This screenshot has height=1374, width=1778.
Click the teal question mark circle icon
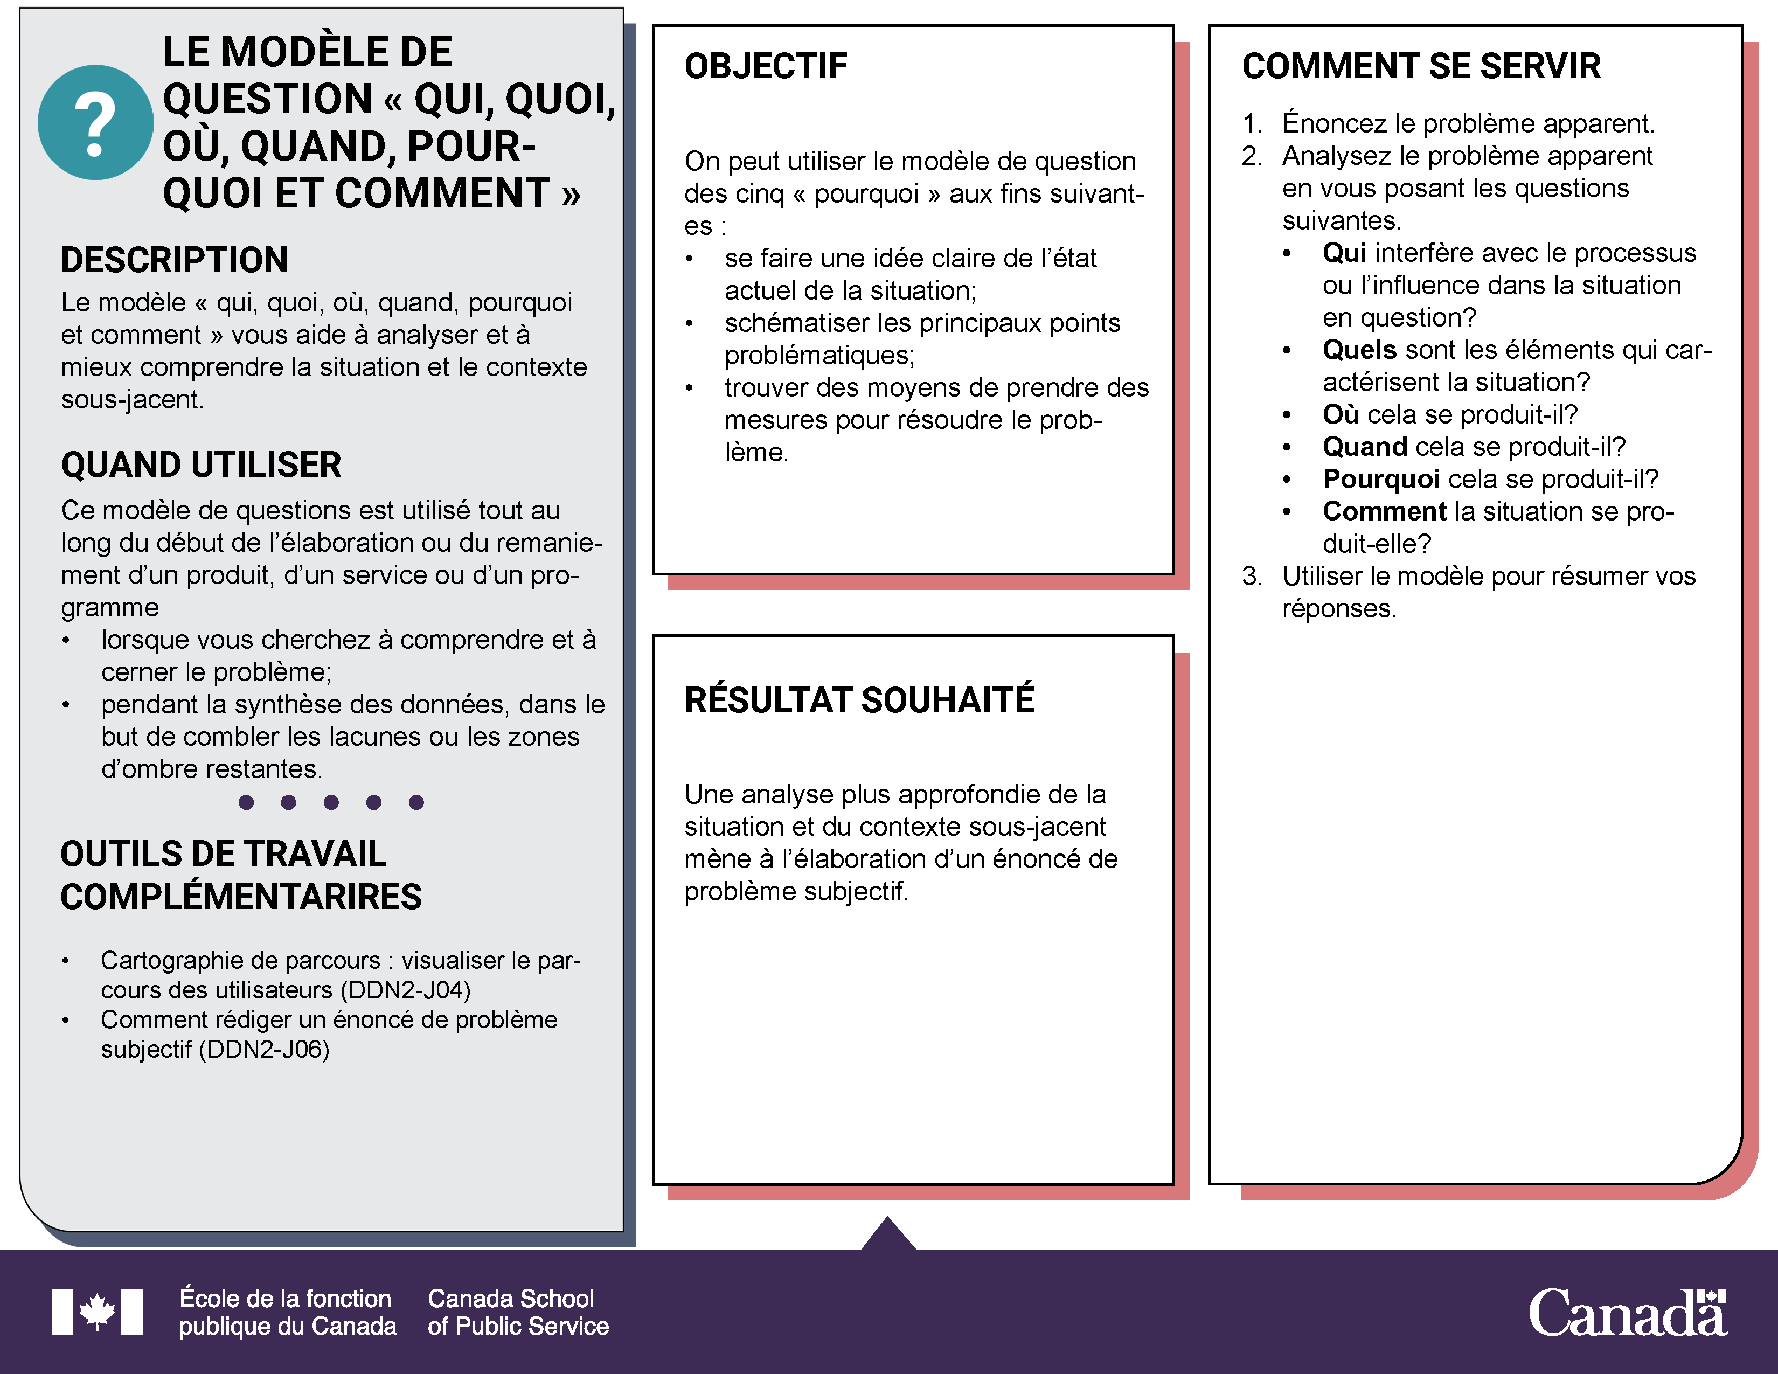pyautogui.click(x=95, y=122)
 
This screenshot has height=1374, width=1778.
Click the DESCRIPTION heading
pyautogui.click(x=174, y=260)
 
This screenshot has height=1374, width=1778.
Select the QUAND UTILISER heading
pyautogui.click(x=201, y=465)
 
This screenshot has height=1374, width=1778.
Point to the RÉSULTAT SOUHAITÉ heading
pyautogui.click(x=859, y=700)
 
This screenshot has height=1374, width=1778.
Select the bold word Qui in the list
pyautogui.click(x=1344, y=253)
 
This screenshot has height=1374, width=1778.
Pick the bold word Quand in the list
pyautogui.click(x=1364, y=447)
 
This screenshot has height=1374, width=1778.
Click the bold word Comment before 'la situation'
pyautogui.click(x=1384, y=511)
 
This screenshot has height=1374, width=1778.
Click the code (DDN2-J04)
pyautogui.click(x=405, y=990)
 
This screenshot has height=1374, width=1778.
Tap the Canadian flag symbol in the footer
pyautogui.click(x=97, y=1311)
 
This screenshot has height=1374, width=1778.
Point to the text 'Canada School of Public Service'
pyautogui.click(x=518, y=1311)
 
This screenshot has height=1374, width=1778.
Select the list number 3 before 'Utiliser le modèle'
pyautogui.click(x=1251, y=577)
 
